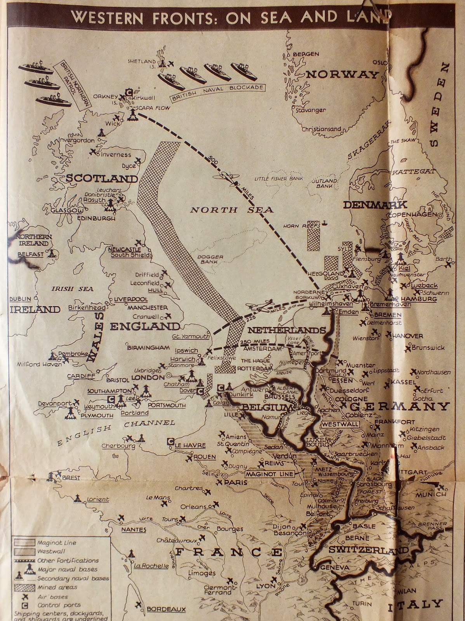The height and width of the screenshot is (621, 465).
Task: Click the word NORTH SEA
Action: point(232,210)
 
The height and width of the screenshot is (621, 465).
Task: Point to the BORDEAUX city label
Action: point(166,609)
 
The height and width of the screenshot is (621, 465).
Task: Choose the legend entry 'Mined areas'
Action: point(57,587)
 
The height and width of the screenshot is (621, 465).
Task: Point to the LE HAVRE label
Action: point(190,445)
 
